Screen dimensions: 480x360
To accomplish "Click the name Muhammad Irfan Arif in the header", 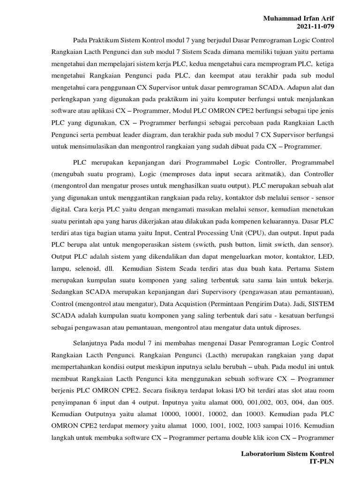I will (x=299, y=18).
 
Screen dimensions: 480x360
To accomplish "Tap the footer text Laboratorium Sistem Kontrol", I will (x=287, y=454).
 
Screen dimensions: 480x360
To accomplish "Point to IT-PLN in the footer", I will (x=322, y=462).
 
